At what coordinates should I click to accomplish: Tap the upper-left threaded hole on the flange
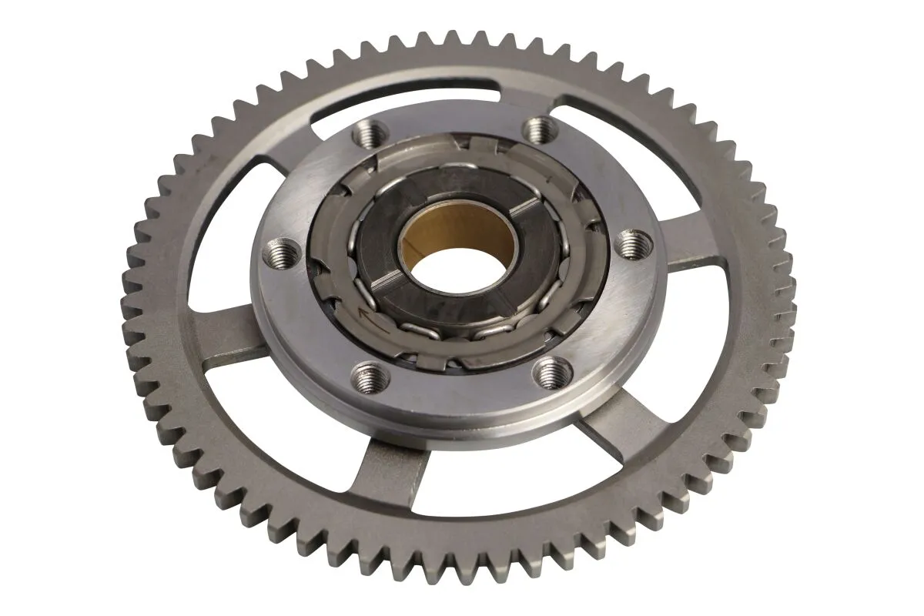tap(368, 136)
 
